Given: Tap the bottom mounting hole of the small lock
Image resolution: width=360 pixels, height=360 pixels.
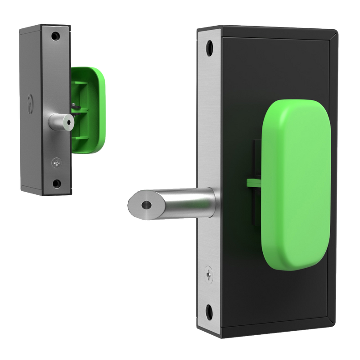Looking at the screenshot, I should click(56, 183).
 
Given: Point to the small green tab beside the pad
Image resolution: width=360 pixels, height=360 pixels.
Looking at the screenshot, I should click(253, 182).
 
